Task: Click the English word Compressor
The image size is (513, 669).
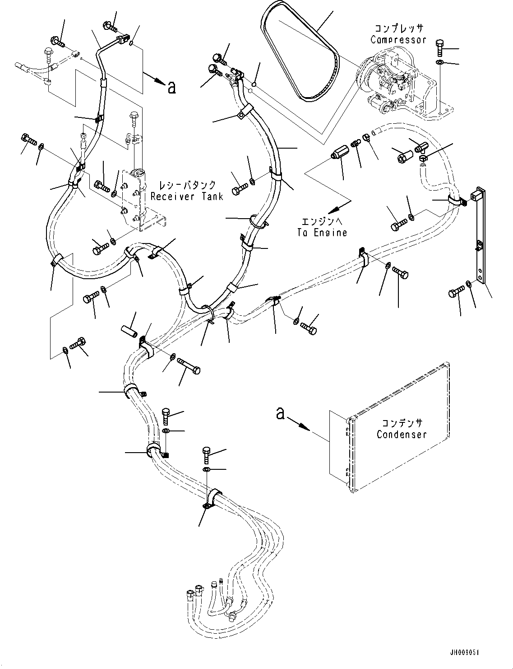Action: click(x=398, y=40)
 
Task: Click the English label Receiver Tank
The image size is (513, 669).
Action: click(x=187, y=196)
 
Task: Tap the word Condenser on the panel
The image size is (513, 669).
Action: click(x=401, y=435)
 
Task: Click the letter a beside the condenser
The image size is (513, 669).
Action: click(x=281, y=413)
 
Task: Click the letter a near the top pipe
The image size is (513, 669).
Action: click(x=171, y=87)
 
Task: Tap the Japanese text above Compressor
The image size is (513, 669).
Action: click(x=398, y=28)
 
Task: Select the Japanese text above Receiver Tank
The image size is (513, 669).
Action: click(x=186, y=185)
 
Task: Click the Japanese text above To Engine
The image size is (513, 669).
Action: click(x=322, y=222)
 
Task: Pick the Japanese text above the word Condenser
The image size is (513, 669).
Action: click(x=402, y=423)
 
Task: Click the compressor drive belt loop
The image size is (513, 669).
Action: click(x=298, y=54)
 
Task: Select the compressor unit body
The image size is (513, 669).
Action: click(x=388, y=84)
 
